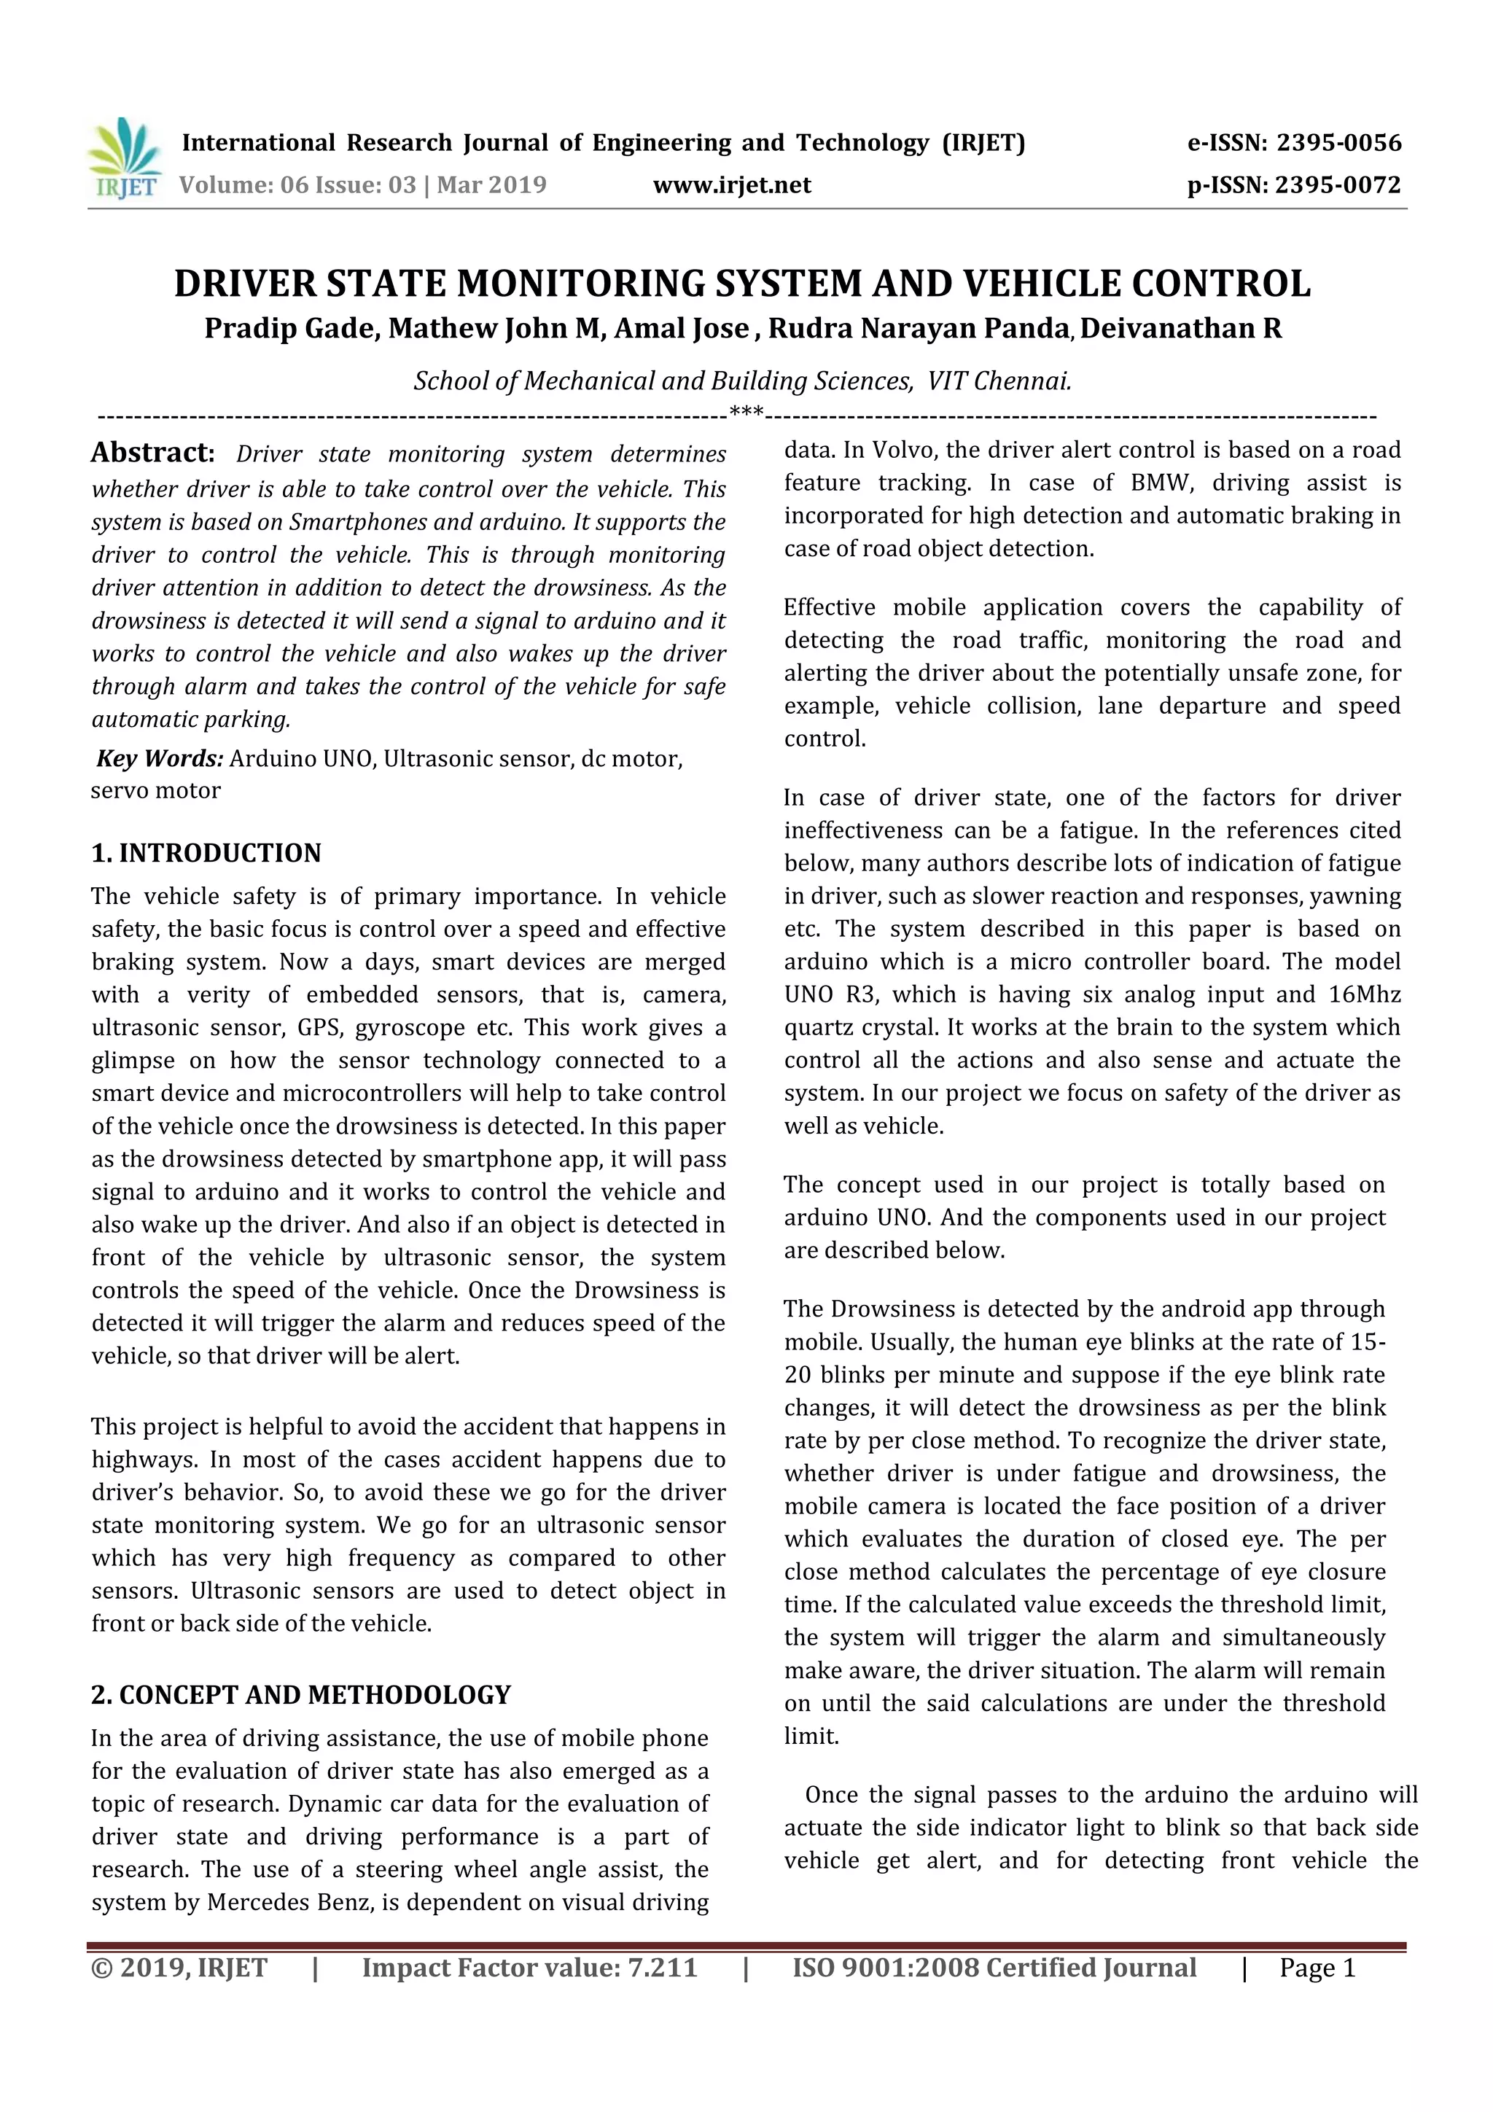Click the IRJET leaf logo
click(124, 158)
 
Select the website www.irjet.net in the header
click(731, 186)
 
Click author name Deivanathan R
click(1181, 328)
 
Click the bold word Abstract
click(152, 453)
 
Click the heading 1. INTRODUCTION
click(206, 853)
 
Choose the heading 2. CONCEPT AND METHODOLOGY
click(301, 1694)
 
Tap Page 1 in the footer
click(1317, 1968)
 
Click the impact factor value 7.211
click(661, 1968)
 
